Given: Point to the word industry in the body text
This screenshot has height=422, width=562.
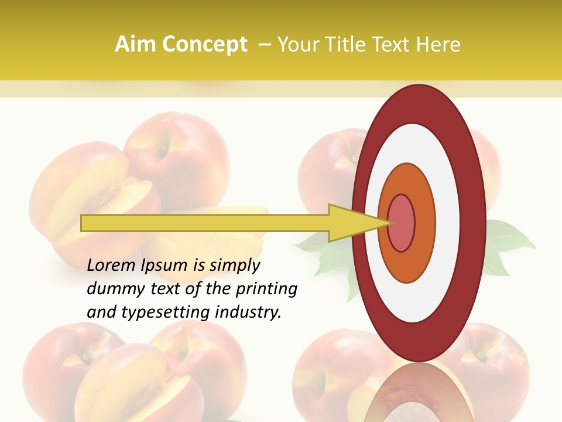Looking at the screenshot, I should [x=248, y=313].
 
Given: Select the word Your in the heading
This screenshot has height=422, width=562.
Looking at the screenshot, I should [x=297, y=45].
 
